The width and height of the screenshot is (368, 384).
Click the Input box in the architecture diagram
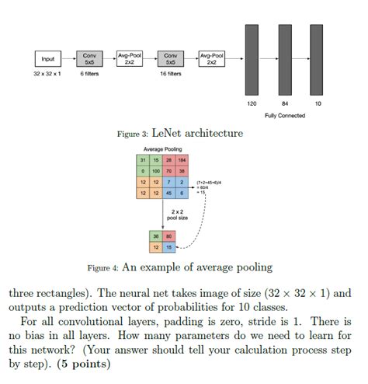(x=49, y=59)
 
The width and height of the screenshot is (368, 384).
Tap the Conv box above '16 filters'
(x=170, y=59)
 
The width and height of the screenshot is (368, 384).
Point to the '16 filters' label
(x=170, y=74)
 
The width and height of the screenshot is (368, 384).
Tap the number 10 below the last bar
(x=317, y=103)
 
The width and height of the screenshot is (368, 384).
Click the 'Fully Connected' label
(x=285, y=115)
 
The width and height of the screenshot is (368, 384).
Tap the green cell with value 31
(x=144, y=159)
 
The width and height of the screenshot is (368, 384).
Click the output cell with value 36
(x=156, y=237)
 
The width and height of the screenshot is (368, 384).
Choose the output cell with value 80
(x=168, y=237)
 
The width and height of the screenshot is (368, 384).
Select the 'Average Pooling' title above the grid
(x=162, y=148)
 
